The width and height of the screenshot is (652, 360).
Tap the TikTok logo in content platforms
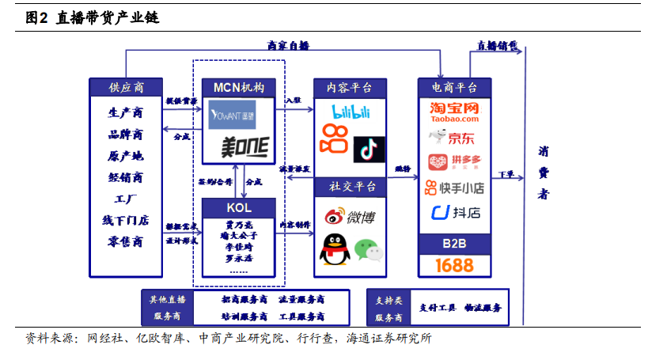[369, 148]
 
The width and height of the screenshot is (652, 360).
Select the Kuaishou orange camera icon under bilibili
[333, 139]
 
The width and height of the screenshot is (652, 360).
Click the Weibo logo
[350, 216]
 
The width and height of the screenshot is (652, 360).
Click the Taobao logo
[454, 112]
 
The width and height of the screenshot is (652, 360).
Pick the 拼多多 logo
[454, 162]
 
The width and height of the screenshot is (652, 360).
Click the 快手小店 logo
[454, 188]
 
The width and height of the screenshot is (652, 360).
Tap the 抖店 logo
[454, 212]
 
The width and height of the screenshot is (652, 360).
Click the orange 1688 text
[454, 264]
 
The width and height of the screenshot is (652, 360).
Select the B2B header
[454, 243]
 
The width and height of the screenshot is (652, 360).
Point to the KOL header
[238, 207]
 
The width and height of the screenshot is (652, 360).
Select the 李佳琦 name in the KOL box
[238, 247]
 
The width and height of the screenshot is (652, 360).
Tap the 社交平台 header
[351, 188]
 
